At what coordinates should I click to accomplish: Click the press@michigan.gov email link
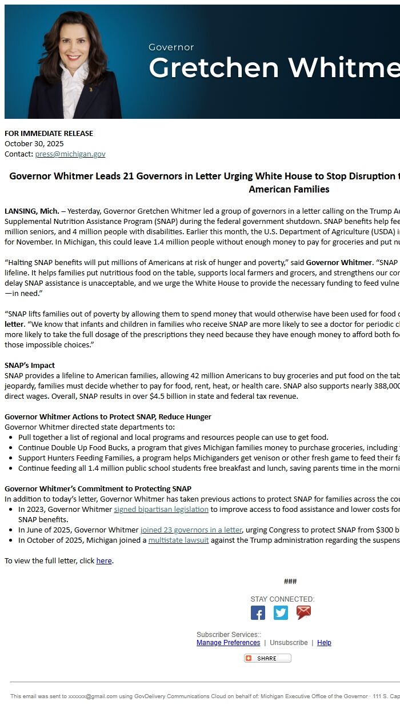[x=70, y=154]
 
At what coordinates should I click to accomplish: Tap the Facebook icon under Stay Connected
[x=258, y=612]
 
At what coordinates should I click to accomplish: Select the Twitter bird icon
[x=281, y=612]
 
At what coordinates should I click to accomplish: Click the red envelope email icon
[x=303, y=612]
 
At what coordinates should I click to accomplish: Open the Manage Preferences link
[x=228, y=643]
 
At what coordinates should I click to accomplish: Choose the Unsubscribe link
[x=289, y=643]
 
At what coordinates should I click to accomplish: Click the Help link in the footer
[x=324, y=643]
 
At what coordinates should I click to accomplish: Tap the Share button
[x=267, y=658]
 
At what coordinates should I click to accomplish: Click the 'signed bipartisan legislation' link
[x=161, y=509]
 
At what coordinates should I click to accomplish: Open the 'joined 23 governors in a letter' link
[x=191, y=530]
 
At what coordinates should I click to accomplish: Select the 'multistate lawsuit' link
[x=178, y=540]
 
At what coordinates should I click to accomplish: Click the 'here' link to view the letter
[x=104, y=560]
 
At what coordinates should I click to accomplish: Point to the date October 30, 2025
[x=34, y=143]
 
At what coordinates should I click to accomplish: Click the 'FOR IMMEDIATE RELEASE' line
[x=49, y=133]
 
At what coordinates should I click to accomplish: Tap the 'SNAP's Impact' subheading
[x=30, y=365]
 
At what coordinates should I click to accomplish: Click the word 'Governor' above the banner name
[x=171, y=47]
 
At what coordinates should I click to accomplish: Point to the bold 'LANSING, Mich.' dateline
[x=31, y=211]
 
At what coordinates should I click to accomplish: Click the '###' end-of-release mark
[x=290, y=582]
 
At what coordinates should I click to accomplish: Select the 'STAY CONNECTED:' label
[x=282, y=599]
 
